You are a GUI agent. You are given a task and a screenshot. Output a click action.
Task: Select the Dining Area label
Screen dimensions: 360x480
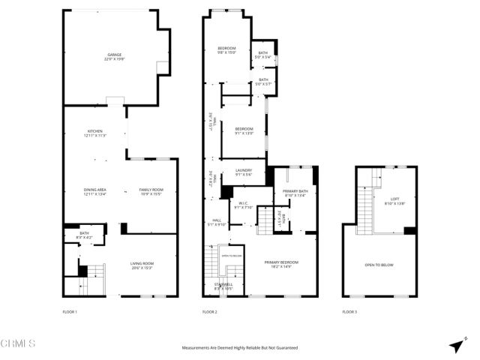tap(94, 192)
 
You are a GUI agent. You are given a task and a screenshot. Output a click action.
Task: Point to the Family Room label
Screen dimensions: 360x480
tap(151, 192)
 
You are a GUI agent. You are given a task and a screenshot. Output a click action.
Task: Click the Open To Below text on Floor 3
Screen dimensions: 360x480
tap(379, 265)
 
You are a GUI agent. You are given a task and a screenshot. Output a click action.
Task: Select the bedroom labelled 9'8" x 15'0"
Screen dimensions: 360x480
tap(226, 50)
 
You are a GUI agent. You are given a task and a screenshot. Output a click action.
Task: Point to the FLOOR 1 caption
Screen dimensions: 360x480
tap(70, 311)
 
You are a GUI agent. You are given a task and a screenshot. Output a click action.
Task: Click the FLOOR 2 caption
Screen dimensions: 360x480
tap(209, 311)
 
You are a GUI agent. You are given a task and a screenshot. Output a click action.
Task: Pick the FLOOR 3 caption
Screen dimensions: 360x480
tap(349, 311)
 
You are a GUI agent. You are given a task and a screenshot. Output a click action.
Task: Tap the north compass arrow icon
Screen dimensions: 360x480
tap(455, 345)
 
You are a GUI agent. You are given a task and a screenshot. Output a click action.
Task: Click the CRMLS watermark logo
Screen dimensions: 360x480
tap(19, 344)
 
